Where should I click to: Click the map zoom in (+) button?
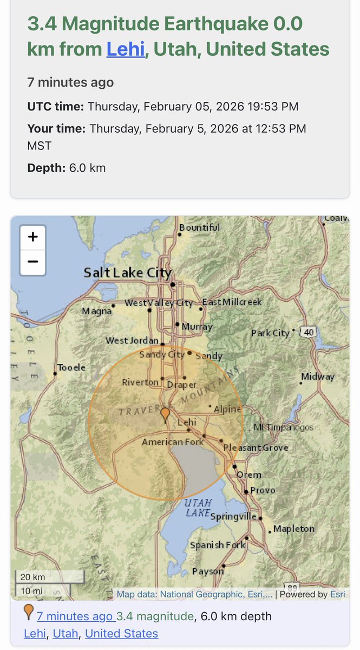(32, 237)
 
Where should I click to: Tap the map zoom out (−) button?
(32, 262)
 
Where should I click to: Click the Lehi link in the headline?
(126, 49)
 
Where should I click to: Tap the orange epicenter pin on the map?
(166, 415)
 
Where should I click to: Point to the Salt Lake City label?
(127, 272)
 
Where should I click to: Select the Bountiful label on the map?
(199, 227)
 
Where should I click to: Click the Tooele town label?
(71, 367)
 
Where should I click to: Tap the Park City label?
(270, 333)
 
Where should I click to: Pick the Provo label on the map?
(263, 490)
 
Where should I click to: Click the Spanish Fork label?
(217, 545)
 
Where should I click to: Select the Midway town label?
(318, 376)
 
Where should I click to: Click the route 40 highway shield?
(309, 332)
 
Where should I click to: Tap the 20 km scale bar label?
(32, 576)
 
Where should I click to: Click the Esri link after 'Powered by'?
(337, 594)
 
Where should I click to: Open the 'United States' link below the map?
(121, 633)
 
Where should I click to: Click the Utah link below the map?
(66, 633)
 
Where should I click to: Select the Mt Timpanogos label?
(283, 427)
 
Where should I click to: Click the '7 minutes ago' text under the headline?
(70, 82)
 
